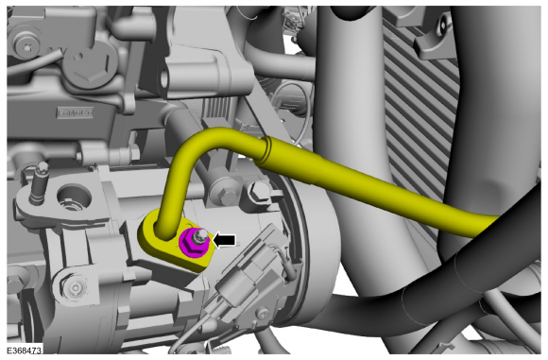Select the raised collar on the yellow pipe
[267, 148]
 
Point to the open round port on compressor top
[71, 199]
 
